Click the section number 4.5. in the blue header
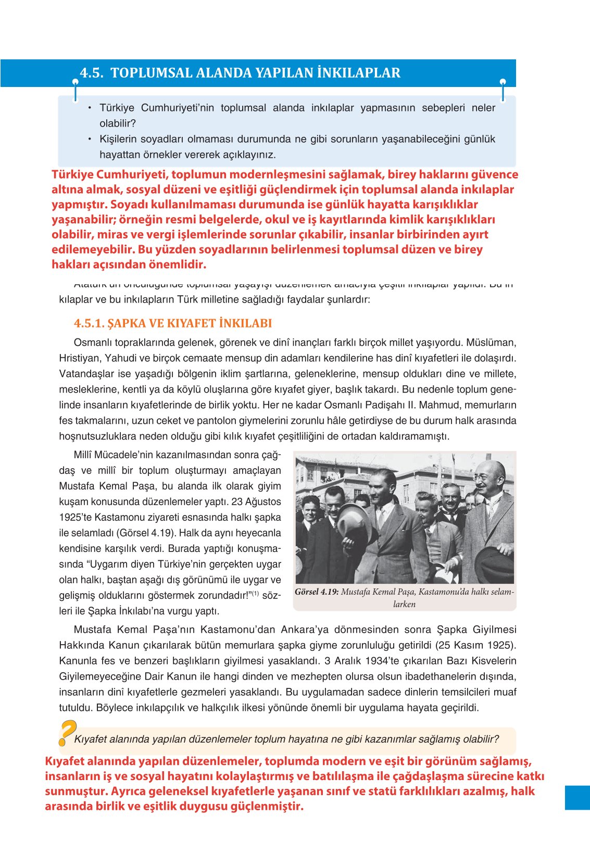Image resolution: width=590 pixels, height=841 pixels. pos(92,73)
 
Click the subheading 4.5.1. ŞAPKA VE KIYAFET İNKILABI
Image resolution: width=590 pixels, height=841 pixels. pos(173,323)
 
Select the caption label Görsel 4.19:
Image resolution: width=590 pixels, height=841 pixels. pos(317,592)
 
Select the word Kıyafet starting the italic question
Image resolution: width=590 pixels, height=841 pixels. pos(91,739)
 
